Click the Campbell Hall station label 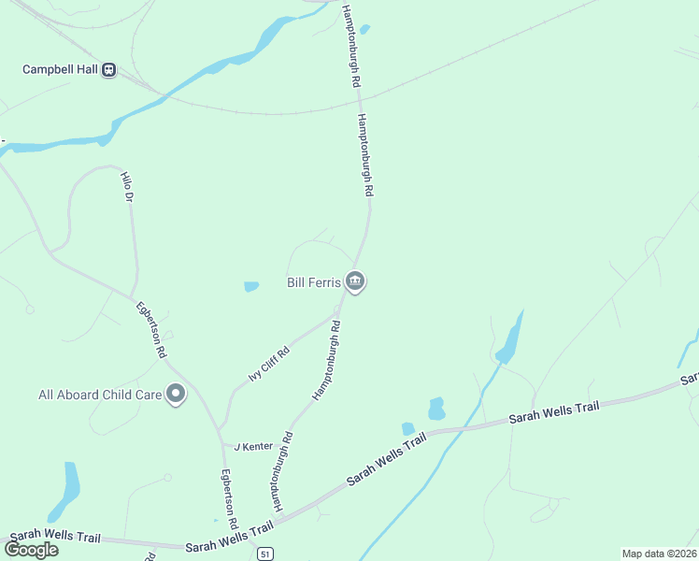coord(60,70)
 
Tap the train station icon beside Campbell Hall coord(109,70)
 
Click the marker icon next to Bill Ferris coord(354,280)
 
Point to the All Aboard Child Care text coord(100,395)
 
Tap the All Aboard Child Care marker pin coord(175,395)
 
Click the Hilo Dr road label coord(128,187)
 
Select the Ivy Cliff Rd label coord(269,363)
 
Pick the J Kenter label coord(252,447)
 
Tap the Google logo coord(31,550)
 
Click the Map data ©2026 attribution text coord(659,554)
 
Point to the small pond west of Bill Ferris coord(250,286)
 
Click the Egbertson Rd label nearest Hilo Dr coord(150,329)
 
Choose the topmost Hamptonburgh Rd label coord(351,47)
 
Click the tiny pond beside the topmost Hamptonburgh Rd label coord(364,29)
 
